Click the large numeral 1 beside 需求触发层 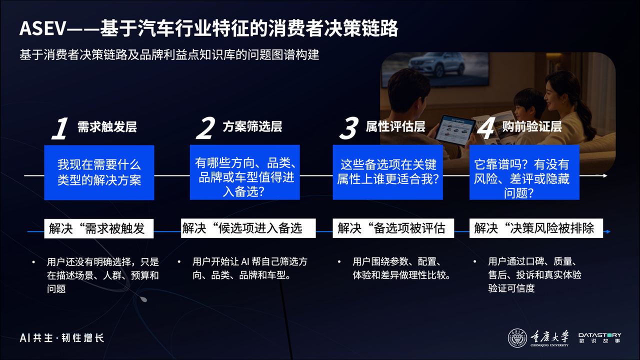point(60,128)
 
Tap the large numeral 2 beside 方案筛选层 point(205,128)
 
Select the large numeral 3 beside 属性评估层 point(349,128)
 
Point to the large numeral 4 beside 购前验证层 point(486,128)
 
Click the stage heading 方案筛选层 point(252,126)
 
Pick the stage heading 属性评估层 point(395,126)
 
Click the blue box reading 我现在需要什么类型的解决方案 point(99,172)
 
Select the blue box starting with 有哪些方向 point(245,172)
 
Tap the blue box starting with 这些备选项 point(387,172)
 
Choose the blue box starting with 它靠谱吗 point(524,172)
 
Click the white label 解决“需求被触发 point(99,228)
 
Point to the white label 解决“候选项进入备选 point(248,228)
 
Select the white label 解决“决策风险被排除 point(536,228)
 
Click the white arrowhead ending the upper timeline point(605,175)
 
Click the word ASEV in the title point(43,28)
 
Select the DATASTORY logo point(599,337)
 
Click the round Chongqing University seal point(517,338)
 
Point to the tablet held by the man point(455,130)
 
